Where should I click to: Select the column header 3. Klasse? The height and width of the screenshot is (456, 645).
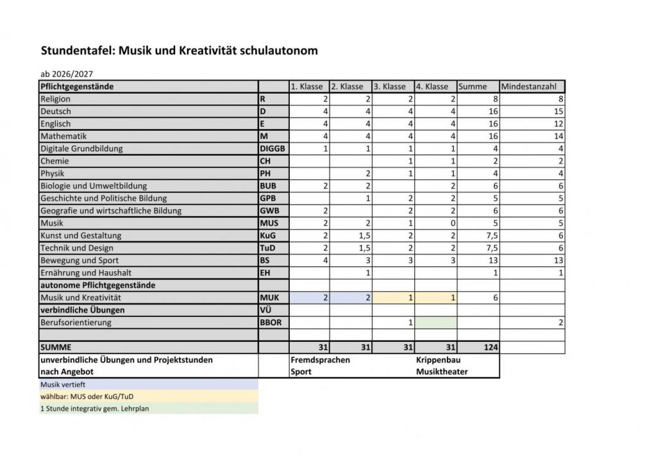click(390, 87)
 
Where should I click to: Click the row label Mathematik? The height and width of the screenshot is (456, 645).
click(63, 136)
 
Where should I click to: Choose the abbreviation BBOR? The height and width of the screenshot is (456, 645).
click(271, 323)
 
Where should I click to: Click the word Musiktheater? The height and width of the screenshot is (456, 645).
click(442, 372)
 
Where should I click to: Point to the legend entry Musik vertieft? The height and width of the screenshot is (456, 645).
click(63, 385)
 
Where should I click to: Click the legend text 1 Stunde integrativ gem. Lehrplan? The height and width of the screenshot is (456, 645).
click(95, 408)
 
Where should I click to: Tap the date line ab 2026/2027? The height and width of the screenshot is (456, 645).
click(67, 74)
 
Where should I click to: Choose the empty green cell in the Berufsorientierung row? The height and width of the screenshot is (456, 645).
click(436, 323)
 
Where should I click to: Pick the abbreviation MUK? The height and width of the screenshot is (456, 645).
click(269, 298)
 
